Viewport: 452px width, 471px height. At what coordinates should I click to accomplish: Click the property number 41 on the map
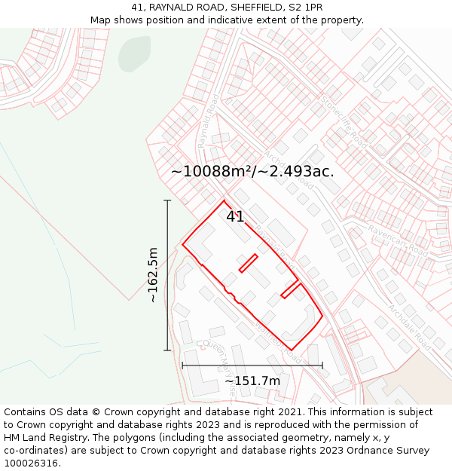(x=235, y=216)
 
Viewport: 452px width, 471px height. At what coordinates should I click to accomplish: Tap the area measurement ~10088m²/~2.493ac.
(x=252, y=171)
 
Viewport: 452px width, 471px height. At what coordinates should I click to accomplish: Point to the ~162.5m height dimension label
(x=153, y=275)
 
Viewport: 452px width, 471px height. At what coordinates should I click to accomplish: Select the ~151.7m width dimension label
(x=252, y=381)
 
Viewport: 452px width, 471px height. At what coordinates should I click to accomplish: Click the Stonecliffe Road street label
(x=344, y=121)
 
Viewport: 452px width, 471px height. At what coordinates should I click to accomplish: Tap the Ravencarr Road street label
(x=397, y=242)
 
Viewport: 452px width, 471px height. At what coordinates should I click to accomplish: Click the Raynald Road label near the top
(x=206, y=121)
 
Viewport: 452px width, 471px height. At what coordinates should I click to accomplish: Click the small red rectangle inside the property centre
(x=249, y=263)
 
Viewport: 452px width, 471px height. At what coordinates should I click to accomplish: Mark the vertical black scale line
(x=167, y=275)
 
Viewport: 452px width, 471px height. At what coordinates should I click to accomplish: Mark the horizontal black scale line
(x=252, y=365)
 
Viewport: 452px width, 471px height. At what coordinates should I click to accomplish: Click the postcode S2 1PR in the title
(x=304, y=8)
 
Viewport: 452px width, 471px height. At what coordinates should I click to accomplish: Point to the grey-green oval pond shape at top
(x=134, y=53)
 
